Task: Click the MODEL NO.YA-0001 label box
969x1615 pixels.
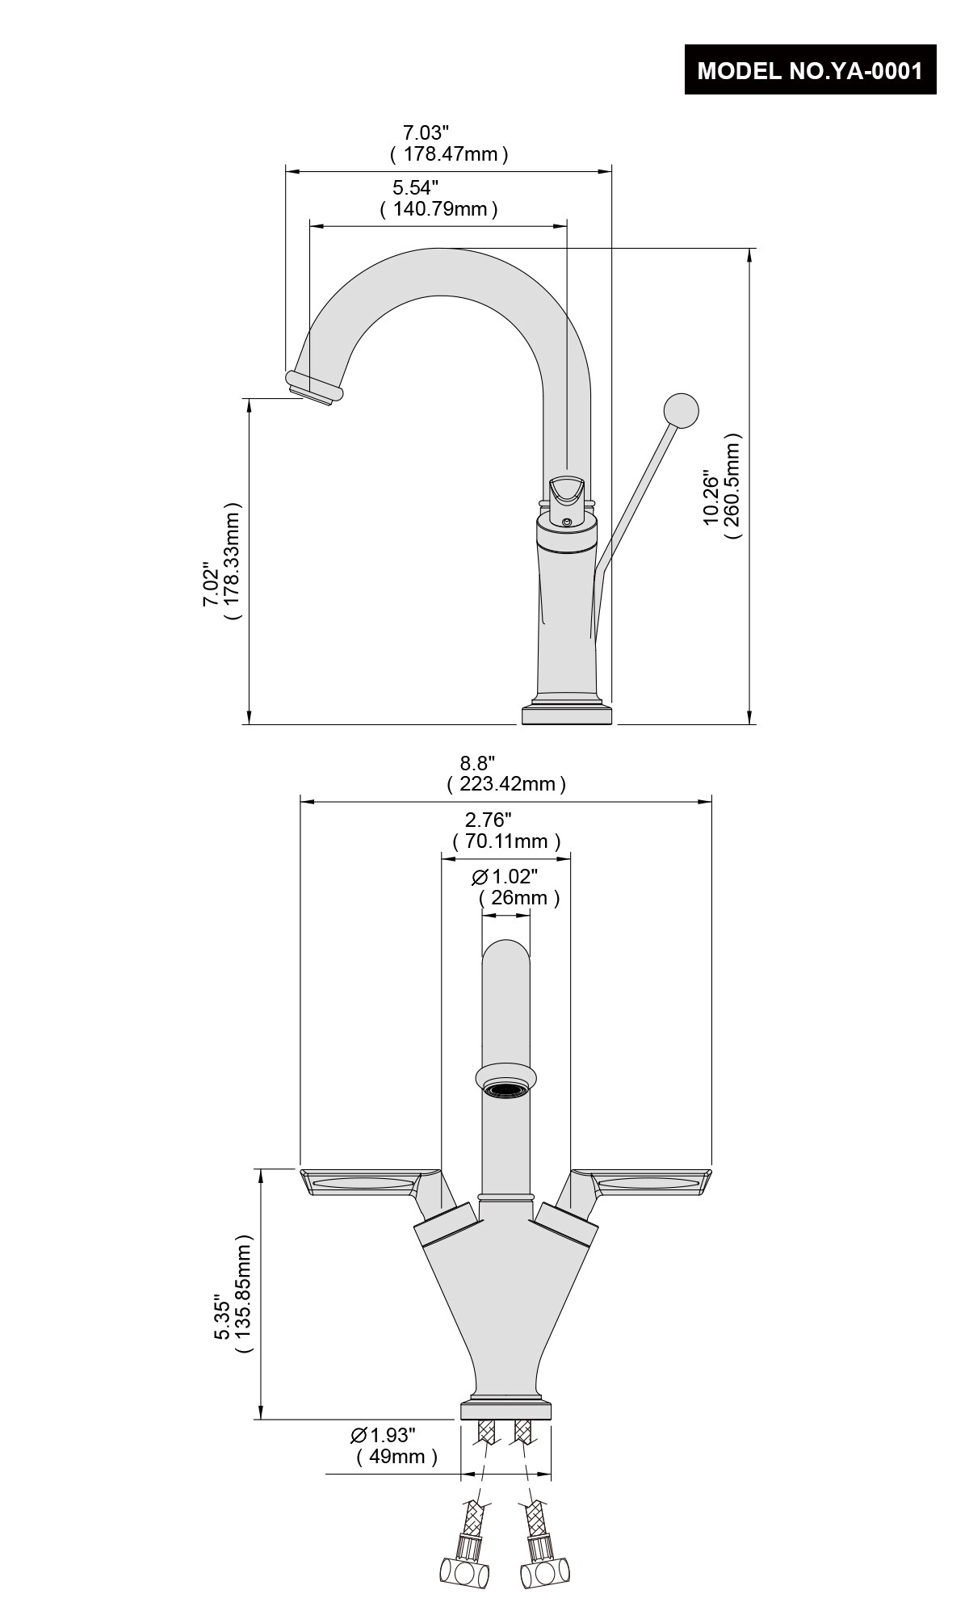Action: [x=810, y=70]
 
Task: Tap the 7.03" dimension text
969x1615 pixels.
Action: [x=426, y=132]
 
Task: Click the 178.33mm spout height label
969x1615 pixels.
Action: [x=232, y=560]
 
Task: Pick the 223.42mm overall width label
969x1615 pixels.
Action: [x=506, y=783]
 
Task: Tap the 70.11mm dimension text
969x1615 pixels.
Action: [x=506, y=841]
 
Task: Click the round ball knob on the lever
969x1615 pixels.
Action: [x=680, y=410]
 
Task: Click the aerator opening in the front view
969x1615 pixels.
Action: [x=506, y=1090]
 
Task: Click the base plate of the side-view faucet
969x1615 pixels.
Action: [x=568, y=715]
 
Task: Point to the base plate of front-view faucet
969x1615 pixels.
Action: [x=506, y=1412]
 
